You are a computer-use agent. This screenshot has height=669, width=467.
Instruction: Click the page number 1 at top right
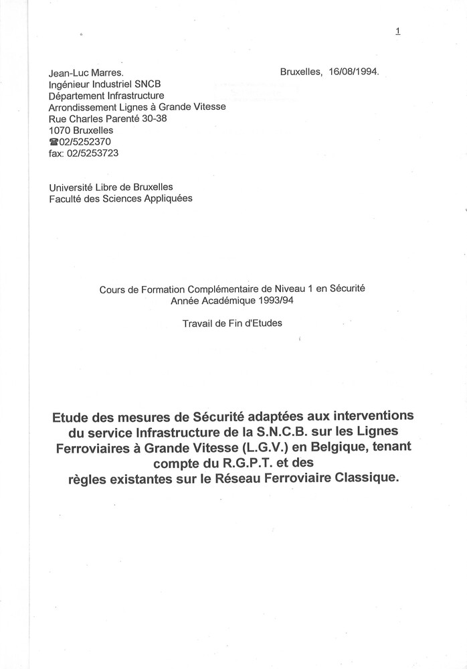(398, 31)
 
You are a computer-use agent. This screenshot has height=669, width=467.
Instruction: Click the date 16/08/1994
(355, 72)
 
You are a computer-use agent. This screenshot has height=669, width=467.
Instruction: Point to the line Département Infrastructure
(106, 96)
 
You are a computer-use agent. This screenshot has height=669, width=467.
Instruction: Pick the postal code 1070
(60, 130)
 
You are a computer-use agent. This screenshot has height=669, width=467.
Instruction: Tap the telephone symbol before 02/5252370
(54, 142)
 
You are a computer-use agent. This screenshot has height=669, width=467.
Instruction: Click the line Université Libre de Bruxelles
(111, 188)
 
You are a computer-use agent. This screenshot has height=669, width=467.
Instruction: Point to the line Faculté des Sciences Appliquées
(120, 199)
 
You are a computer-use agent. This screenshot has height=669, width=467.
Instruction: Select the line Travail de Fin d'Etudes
(232, 323)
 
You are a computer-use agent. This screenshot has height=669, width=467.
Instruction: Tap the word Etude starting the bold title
(71, 417)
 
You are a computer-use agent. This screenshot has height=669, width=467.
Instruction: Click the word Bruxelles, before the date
(301, 72)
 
